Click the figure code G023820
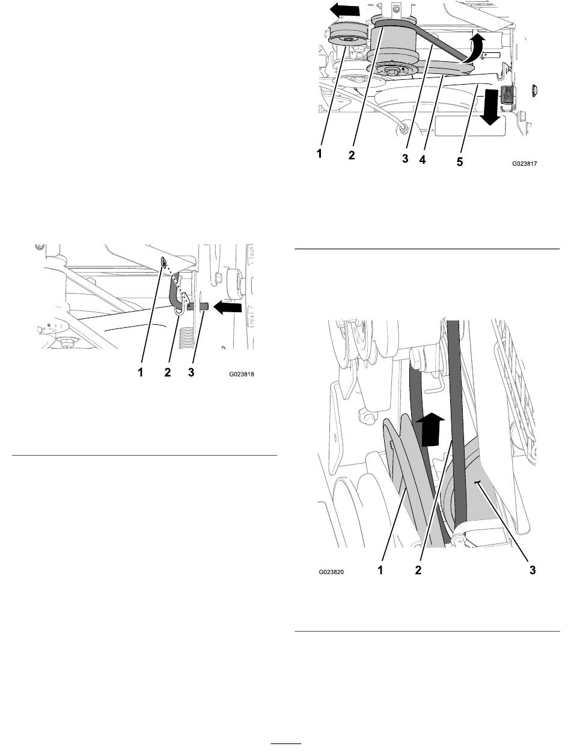pos(335,573)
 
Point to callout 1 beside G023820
pos(382,571)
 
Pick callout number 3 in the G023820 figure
pos(532,571)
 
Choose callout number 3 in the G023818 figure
pos(191,373)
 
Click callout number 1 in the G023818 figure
pos(141,373)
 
